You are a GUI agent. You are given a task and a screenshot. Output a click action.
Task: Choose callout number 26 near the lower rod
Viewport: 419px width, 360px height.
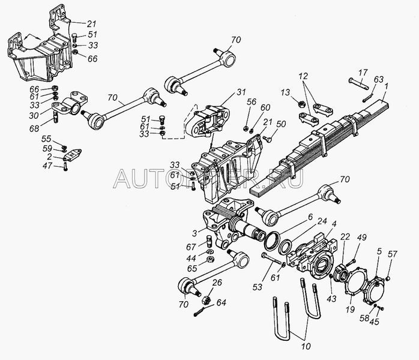tap(217, 283)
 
